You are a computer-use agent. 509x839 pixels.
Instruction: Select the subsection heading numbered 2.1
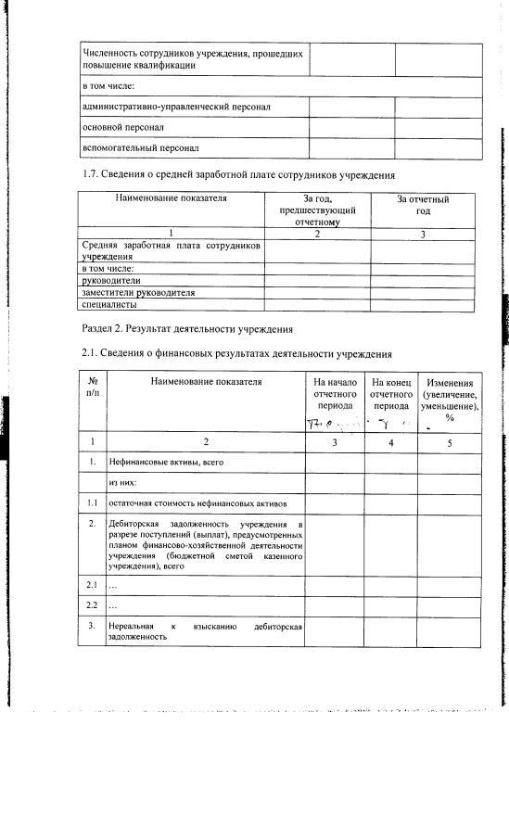pos(224,353)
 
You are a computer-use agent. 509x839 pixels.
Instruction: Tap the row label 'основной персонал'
pos(124,127)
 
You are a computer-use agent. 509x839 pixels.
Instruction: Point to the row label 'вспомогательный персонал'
pos(141,147)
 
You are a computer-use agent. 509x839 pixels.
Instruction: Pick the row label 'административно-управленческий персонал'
pos(176,107)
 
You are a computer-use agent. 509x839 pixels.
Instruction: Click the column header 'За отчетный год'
pos(423,205)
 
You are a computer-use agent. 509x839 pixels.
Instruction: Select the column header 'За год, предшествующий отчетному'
pos(317,210)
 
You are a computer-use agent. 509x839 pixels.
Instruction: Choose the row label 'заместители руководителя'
pos(138,292)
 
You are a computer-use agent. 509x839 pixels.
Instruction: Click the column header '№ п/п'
pos(93,388)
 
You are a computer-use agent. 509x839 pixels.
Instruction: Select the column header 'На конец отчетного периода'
pos(391,394)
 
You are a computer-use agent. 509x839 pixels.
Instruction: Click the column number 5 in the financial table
pos(450,443)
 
